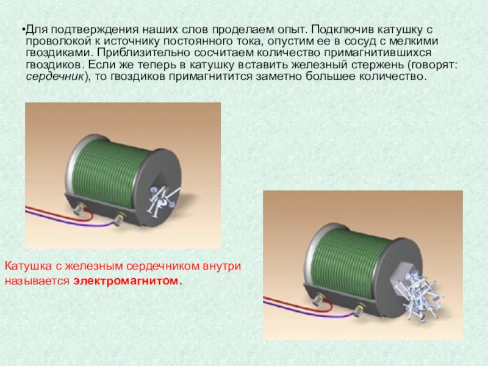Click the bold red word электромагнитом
(127, 281)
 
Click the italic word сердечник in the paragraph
(55, 77)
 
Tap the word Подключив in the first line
(342, 30)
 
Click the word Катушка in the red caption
(28, 267)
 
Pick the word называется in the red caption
(37, 281)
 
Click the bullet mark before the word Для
(24, 30)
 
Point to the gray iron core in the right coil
(401, 277)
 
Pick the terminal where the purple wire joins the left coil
(119, 219)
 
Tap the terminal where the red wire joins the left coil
(79, 209)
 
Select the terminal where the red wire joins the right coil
(318, 300)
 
